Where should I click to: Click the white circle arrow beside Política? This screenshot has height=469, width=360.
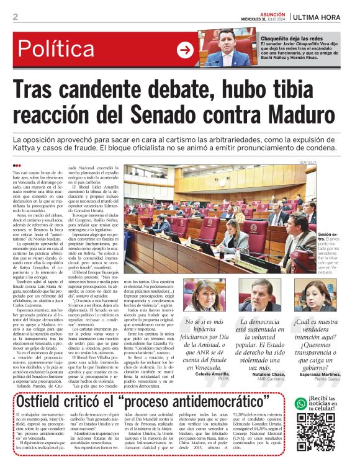[x=185, y=50]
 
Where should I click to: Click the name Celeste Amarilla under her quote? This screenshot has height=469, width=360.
[x=212, y=375]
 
